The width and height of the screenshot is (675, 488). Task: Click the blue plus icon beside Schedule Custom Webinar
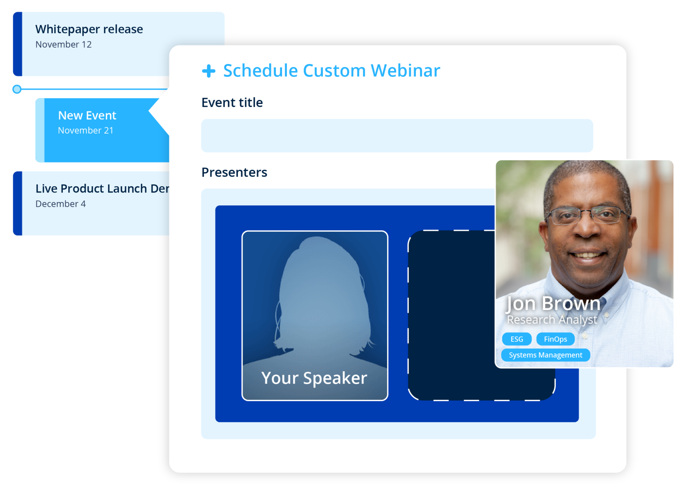pos(209,71)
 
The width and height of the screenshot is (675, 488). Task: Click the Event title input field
pos(397,136)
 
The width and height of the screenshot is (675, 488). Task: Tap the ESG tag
pos(517,339)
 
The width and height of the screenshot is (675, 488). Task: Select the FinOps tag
pos(555,339)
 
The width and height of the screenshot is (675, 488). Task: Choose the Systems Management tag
pos(545,355)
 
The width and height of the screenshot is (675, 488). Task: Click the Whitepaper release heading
pos(89,29)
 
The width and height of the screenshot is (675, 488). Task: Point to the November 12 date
pos(64,45)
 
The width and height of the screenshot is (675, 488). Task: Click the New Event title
pos(87,115)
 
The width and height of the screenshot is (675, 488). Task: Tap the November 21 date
pos(86,130)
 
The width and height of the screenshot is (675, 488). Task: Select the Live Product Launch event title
pos(102,189)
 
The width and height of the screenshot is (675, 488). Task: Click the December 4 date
pos(61,204)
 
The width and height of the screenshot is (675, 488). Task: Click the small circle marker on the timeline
pos(17,89)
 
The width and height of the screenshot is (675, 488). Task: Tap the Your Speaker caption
pos(314,378)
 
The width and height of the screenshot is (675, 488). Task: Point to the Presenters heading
pos(234,172)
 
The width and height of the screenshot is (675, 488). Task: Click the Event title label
pos(232,103)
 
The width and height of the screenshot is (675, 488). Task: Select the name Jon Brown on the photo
pos(553,303)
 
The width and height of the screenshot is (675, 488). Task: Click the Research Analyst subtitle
pos(552,320)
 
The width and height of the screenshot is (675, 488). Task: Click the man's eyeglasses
pos(587,215)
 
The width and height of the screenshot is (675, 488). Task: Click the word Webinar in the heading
pos(405,71)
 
